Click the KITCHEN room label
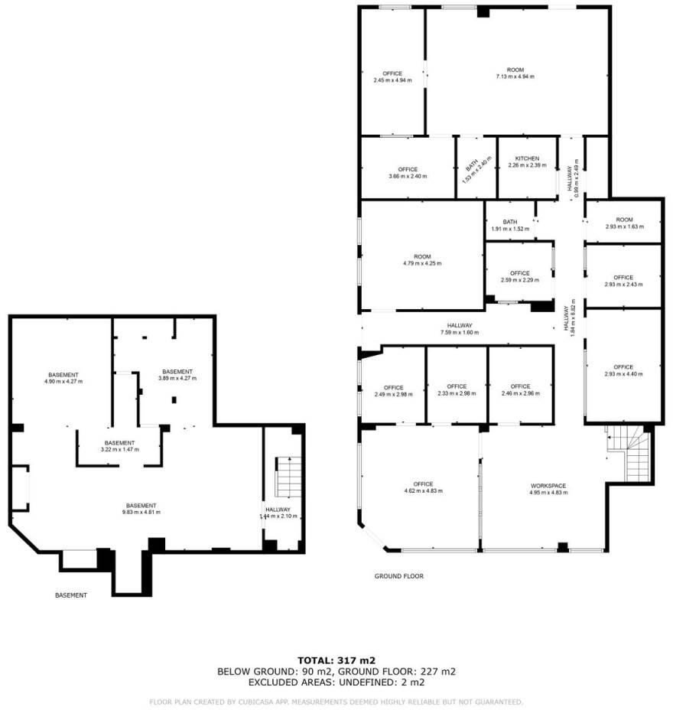(x=527, y=158)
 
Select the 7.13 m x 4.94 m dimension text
(x=515, y=77)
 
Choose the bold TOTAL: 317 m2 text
(x=336, y=660)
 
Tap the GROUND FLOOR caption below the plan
(x=398, y=576)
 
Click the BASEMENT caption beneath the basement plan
(x=71, y=594)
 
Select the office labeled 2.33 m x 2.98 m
(x=457, y=389)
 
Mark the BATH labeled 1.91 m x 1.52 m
(x=510, y=226)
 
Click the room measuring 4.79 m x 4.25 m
(x=422, y=259)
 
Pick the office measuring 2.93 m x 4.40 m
(x=623, y=370)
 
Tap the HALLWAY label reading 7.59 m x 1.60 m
(x=460, y=329)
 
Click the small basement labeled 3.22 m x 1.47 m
(x=120, y=446)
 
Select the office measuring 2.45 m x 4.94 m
(x=392, y=77)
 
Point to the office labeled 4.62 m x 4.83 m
(x=424, y=487)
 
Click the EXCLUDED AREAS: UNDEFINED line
(x=336, y=682)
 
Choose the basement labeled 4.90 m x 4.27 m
(x=63, y=377)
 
